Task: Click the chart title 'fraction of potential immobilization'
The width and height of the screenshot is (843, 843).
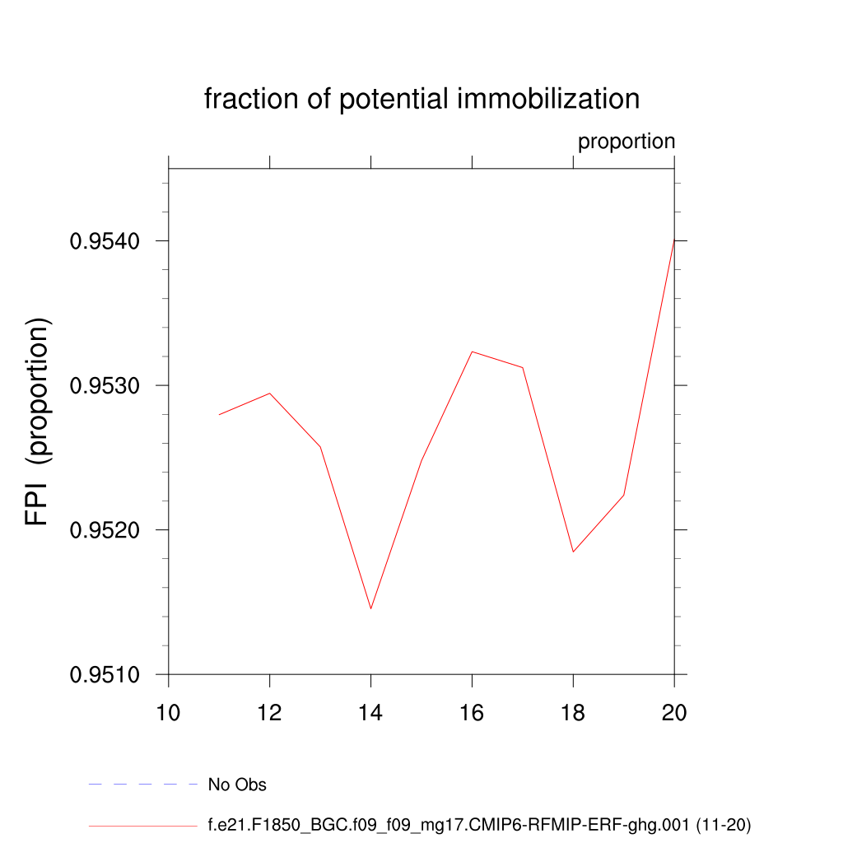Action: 421,100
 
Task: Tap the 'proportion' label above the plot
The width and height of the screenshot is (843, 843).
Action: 626,142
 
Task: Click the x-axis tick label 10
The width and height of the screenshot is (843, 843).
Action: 169,712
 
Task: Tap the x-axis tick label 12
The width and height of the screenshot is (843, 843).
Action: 270,712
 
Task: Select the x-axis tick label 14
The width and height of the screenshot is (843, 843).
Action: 371,712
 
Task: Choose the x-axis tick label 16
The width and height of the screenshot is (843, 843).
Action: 472,712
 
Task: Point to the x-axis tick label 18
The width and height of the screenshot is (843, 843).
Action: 573,712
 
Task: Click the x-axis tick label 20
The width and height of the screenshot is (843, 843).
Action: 674,712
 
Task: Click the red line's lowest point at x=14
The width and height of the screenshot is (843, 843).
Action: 371,608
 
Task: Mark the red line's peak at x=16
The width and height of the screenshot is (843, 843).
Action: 472,352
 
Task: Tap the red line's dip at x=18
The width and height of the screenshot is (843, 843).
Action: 573,552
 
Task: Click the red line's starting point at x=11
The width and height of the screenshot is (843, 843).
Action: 220,414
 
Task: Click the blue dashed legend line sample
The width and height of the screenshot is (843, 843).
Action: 143,785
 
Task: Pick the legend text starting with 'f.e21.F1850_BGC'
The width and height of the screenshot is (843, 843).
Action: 479,824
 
